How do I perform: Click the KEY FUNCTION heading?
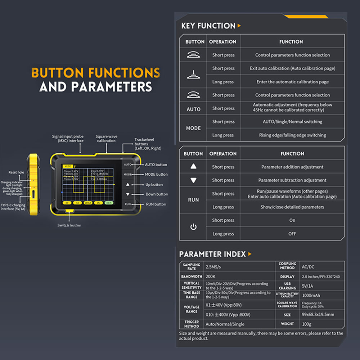click(208, 26)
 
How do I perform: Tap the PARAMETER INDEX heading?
click(212, 254)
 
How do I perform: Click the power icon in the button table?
click(193, 227)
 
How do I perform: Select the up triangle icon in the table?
click(193, 167)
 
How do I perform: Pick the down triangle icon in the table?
click(193, 180)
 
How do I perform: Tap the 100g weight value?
click(307, 324)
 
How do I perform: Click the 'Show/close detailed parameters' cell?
click(292, 207)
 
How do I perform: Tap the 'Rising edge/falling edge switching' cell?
click(292, 135)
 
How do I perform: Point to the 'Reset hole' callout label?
click(16, 172)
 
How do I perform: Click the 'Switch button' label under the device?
click(69, 225)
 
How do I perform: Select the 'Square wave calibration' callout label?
click(106, 139)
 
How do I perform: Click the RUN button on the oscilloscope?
click(128, 204)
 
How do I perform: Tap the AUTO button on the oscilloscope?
click(128, 165)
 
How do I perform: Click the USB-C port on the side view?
click(33, 194)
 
